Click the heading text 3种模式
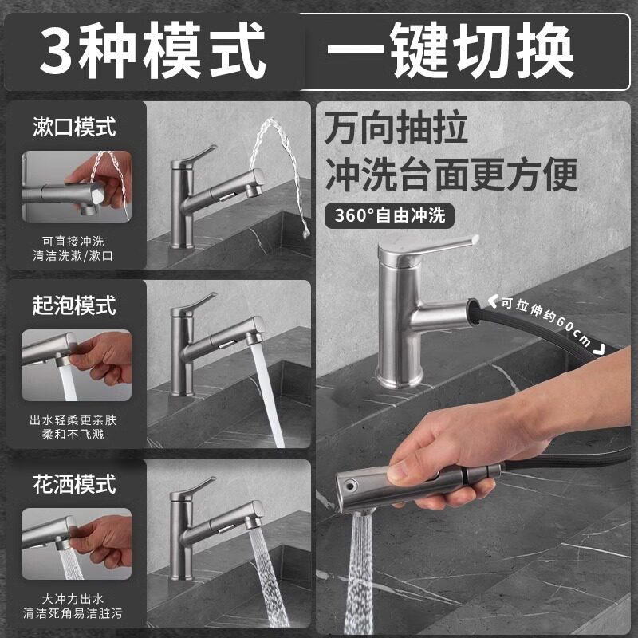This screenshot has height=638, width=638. tap(152, 50)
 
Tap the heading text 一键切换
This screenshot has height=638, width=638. tap(450, 50)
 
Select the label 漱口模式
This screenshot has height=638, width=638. tap(74, 127)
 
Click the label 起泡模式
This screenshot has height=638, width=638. tap(74, 305)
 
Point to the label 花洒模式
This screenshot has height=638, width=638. tap(74, 484)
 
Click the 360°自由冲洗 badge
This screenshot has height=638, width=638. tap(389, 215)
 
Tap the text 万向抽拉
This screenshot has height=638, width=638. tap(396, 128)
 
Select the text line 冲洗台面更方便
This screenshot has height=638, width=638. tap(451, 174)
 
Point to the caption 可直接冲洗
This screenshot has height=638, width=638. tap(73, 242)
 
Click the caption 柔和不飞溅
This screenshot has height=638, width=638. tap(73, 435)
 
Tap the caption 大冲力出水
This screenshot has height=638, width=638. tap(73, 599)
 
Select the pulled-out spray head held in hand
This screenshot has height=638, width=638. tap(419, 488)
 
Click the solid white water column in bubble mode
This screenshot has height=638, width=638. tap(267, 395)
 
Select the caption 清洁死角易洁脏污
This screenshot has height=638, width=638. tap(73, 613)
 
